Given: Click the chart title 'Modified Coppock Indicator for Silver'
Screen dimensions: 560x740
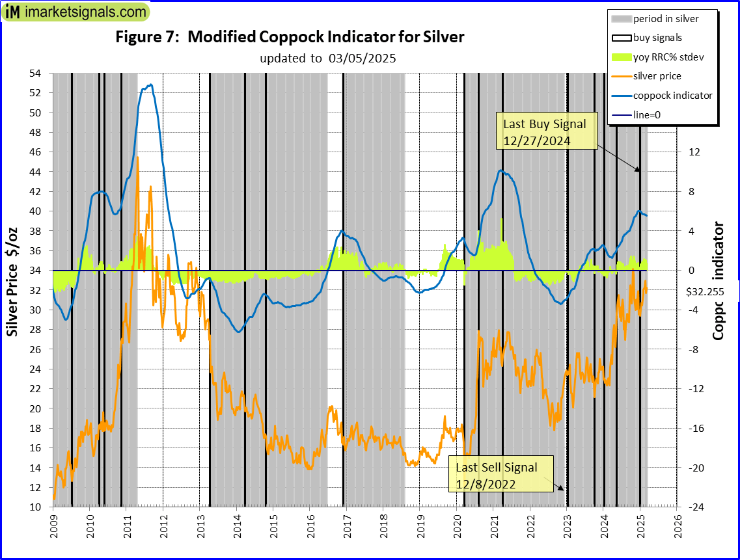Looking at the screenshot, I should point(290,37).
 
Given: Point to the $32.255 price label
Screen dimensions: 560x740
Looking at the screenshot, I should point(705,293).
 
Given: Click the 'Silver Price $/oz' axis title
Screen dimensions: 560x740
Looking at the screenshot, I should point(13,283).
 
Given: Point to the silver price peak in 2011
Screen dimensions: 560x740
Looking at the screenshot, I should point(137,157).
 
